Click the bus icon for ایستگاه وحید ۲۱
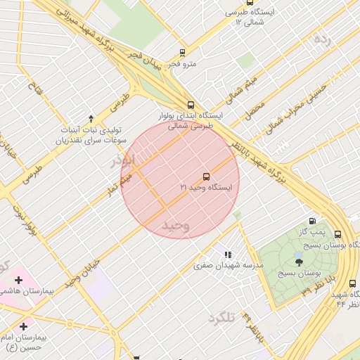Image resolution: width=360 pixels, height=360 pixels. click(206, 176)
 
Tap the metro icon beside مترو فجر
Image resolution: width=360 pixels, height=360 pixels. click(183, 53)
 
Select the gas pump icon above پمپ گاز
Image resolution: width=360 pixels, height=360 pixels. click(312, 221)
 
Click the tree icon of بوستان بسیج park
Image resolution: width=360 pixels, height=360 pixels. click(299, 261)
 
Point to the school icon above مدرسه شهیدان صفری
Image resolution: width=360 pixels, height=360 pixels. click(227, 255)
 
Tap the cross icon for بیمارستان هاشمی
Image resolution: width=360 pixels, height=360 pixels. click(18, 280)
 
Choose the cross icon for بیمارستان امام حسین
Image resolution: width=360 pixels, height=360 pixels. click(24, 326)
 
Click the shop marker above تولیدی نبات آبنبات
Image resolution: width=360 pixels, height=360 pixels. click(90, 118)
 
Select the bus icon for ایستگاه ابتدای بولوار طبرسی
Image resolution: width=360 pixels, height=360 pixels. click(191, 104)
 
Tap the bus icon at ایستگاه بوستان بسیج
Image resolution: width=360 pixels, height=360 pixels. click(337, 234)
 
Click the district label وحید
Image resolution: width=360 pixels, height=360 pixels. click(176, 226)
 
